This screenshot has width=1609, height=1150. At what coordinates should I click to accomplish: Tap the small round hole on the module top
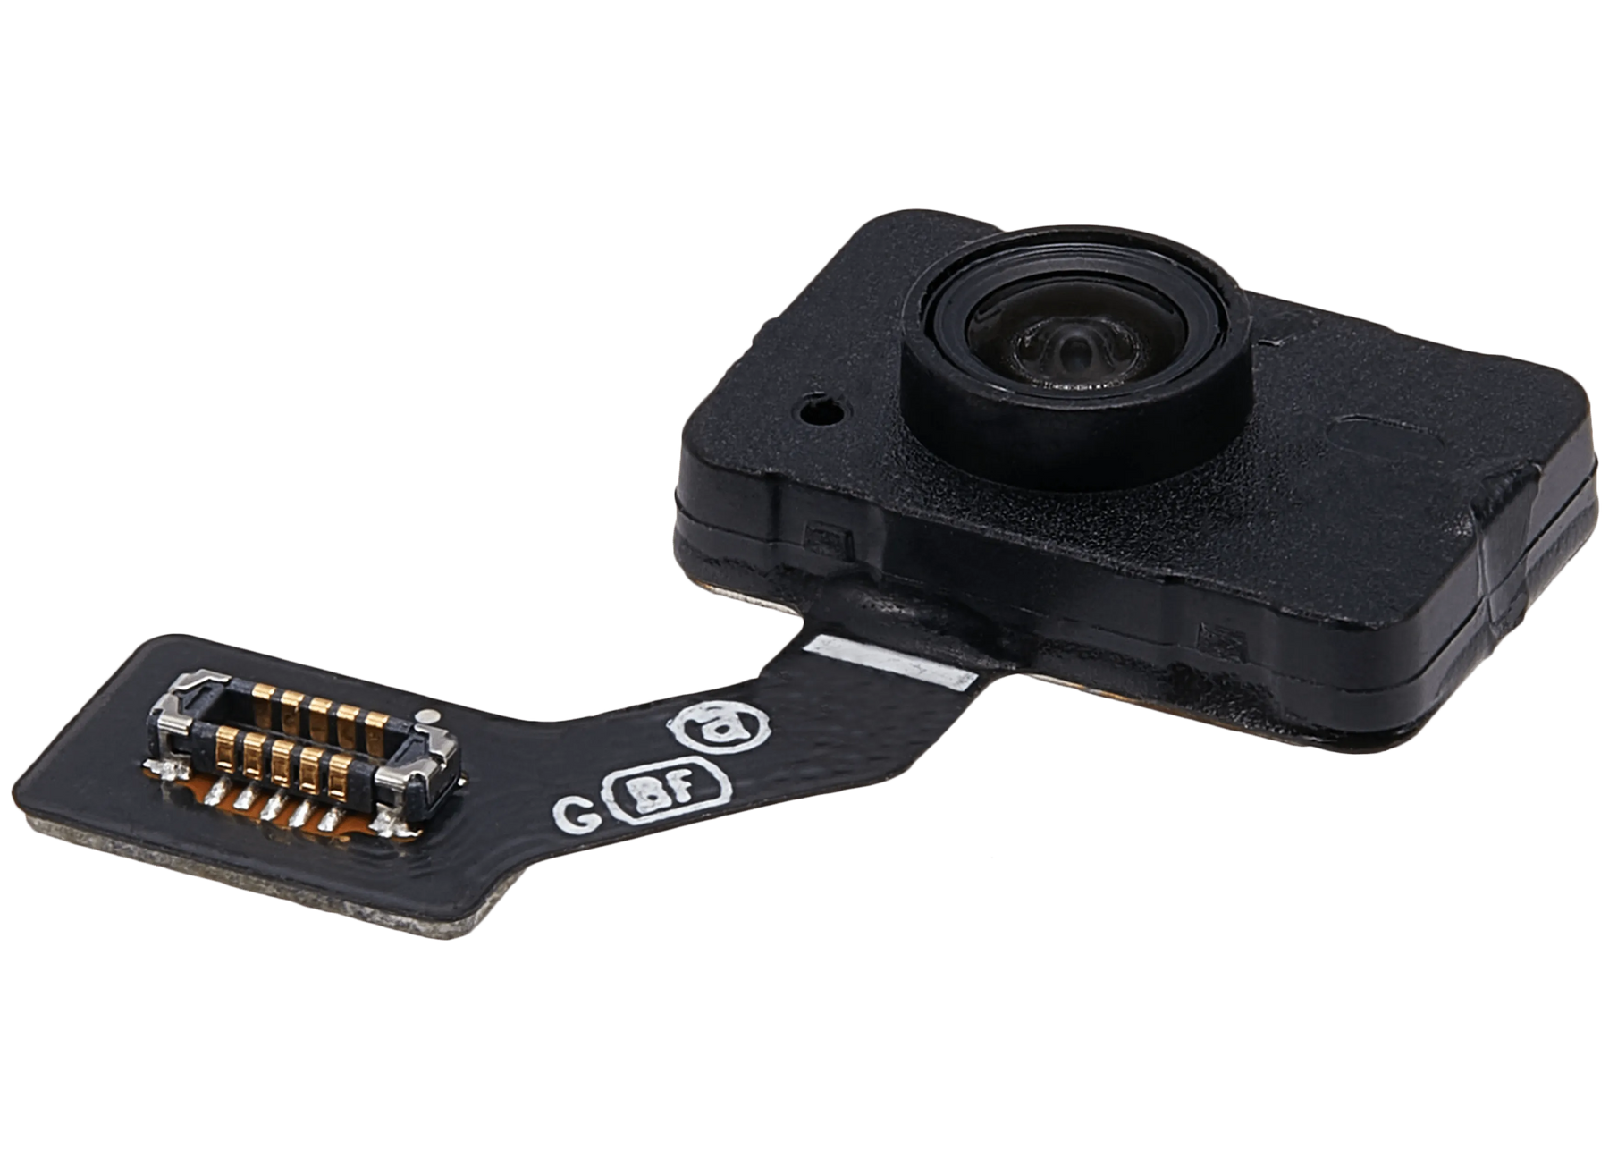815,412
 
